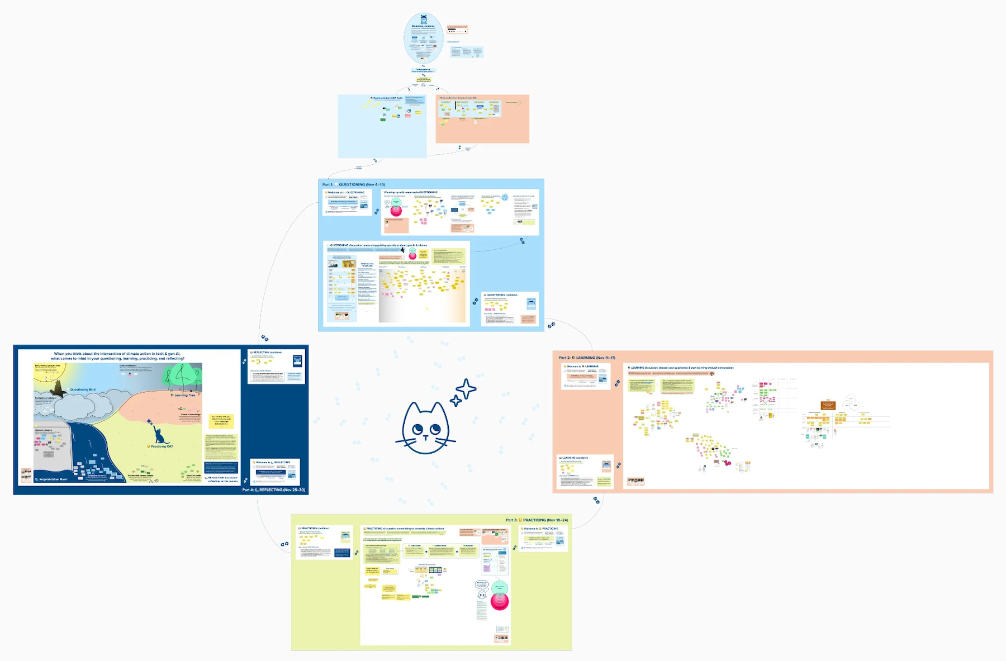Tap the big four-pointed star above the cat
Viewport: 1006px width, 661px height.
466,389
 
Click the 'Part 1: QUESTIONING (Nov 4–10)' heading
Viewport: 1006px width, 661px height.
354,184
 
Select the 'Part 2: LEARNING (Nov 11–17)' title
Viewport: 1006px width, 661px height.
587,358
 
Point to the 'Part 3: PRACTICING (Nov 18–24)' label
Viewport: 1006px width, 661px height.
537,520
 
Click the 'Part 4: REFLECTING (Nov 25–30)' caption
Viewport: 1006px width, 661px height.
274,490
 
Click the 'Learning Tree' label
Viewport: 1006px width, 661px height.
184,395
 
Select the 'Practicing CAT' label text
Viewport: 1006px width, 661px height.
162,446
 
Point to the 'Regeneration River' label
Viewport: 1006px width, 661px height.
53,479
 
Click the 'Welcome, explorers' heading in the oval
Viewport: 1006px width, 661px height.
423,26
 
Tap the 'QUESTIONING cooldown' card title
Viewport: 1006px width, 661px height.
502,295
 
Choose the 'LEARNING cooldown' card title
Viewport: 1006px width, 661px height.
575,458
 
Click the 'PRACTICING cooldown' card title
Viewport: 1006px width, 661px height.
315,528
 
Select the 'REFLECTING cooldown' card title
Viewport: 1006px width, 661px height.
267,353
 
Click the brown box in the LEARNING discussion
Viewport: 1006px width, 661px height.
828,405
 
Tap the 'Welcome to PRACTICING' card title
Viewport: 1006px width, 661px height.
540,529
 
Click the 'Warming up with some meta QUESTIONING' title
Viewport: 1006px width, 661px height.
410,192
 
